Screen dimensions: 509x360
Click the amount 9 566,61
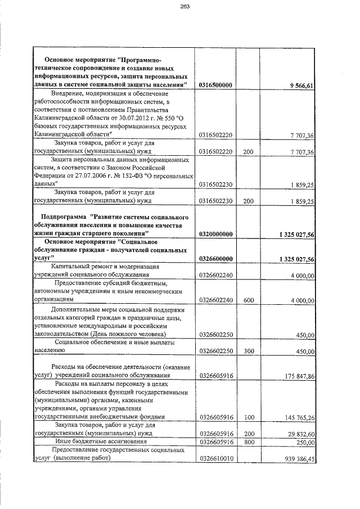301,85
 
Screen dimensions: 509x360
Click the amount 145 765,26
299,418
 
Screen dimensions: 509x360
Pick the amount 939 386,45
299,459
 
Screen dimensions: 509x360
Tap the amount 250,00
304,443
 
